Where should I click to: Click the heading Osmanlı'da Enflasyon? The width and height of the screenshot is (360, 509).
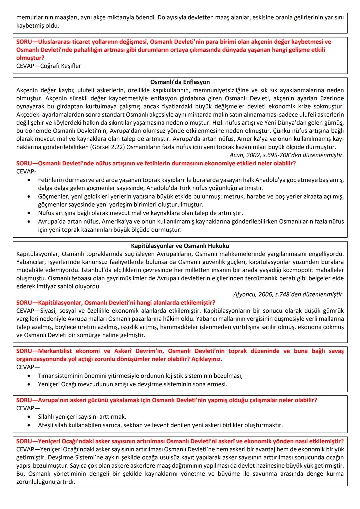click(180, 82)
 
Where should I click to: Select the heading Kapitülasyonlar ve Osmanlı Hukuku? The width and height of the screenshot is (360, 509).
click(180, 246)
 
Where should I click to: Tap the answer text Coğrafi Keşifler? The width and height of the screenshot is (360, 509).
click(61, 66)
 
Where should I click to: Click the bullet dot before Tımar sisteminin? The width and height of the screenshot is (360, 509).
click(30, 376)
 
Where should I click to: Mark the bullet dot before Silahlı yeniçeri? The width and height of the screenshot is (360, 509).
click(30, 417)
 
